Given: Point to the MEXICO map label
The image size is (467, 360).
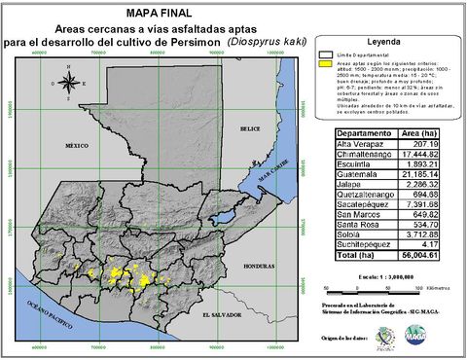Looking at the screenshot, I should coord(77,144).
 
